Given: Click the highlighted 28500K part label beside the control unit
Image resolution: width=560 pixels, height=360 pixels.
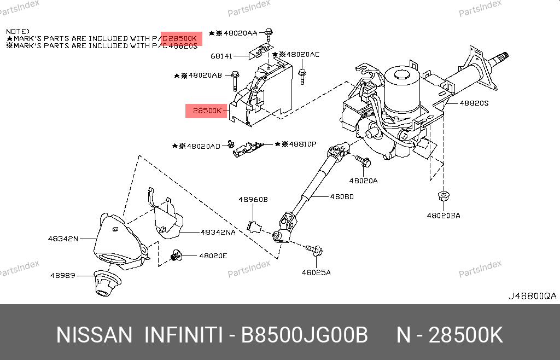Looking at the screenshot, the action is (207, 111).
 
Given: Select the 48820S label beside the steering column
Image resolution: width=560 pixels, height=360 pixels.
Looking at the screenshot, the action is (474, 103).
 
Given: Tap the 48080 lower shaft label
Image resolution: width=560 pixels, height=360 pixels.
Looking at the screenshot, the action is (342, 196).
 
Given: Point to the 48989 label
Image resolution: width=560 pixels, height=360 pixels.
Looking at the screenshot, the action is (63, 275).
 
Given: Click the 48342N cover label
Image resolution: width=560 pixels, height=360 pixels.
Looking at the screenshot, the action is (63, 239).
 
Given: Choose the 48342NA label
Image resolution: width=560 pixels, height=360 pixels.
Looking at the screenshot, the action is (218, 232).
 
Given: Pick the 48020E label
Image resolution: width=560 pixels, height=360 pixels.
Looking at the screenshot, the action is (213, 256).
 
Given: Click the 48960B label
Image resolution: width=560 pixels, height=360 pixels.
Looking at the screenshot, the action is (253, 199).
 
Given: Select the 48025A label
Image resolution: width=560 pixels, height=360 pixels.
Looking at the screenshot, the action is (316, 272).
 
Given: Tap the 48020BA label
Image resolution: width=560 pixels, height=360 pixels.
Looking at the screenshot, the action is (444, 216).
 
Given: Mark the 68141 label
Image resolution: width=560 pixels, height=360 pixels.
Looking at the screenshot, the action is (221, 56).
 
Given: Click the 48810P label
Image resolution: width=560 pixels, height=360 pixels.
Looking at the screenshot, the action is (302, 144).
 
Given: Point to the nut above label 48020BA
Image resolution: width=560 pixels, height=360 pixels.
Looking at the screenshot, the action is (444, 196).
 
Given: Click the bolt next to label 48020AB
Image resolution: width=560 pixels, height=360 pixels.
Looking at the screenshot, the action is (235, 81).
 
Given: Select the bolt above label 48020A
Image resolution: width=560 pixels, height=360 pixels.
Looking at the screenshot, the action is (363, 161).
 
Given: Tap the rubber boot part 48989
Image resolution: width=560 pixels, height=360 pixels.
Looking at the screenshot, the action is (107, 283).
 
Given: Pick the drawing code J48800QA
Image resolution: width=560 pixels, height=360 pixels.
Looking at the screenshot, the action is (533, 296).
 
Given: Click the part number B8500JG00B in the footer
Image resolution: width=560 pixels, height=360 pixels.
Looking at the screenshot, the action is (304, 335).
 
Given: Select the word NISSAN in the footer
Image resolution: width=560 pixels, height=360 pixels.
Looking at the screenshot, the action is (94, 335).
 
